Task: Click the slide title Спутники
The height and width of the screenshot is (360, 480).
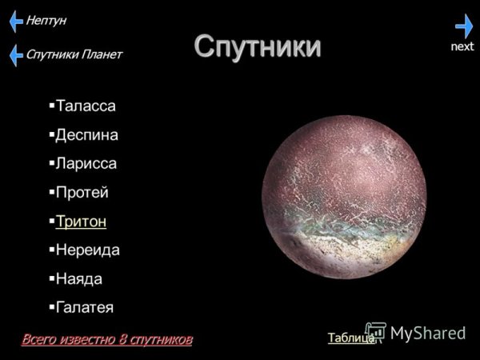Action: (x=258, y=46)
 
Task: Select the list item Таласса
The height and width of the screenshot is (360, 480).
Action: (x=86, y=106)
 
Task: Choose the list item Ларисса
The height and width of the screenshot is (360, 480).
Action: (x=86, y=163)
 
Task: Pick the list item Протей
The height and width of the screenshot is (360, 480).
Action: (x=82, y=192)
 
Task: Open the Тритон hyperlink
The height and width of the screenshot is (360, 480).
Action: (x=81, y=221)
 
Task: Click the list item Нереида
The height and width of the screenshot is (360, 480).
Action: (x=87, y=250)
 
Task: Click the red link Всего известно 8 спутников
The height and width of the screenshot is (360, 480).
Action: (x=107, y=339)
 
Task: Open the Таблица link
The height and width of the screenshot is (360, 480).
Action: (x=350, y=338)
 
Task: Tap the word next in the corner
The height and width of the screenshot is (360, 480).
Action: (x=462, y=46)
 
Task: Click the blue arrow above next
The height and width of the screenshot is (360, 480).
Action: (x=464, y=26)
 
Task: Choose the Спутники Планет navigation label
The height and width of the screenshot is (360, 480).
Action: (x=74, y=54)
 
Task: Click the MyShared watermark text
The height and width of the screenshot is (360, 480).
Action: (x=428, y=333)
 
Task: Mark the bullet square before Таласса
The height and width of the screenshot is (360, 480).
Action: (x=51, y=105)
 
